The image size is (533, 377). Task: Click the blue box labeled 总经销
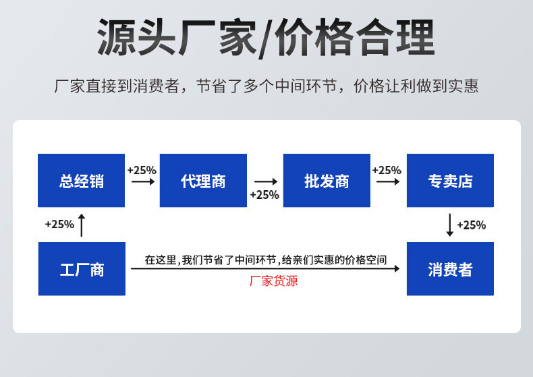pos(81,180)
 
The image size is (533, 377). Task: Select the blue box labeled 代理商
pos(203,180)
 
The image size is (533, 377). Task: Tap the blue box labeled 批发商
pos(327,180)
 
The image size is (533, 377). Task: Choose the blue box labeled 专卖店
pos(450,180)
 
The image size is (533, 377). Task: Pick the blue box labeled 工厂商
pos(82,268)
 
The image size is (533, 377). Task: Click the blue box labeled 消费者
pos(450,268)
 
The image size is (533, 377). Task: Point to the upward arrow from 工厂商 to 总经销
pos(82,225)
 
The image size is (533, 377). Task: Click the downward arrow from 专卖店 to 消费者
pos(450,225)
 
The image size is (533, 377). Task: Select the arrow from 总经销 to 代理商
pos(142,181)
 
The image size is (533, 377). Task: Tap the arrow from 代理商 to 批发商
pos(265,181)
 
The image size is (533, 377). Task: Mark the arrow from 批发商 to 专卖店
pos(387,181)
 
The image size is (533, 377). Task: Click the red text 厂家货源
pos(273,281)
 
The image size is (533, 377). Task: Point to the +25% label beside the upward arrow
pos(59,225)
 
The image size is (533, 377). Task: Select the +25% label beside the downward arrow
pos(472,225)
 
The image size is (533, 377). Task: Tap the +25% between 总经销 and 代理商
pos(142,170)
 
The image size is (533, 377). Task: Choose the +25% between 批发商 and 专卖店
pos(387,170)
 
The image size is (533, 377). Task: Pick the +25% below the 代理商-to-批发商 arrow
pos(264,195)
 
